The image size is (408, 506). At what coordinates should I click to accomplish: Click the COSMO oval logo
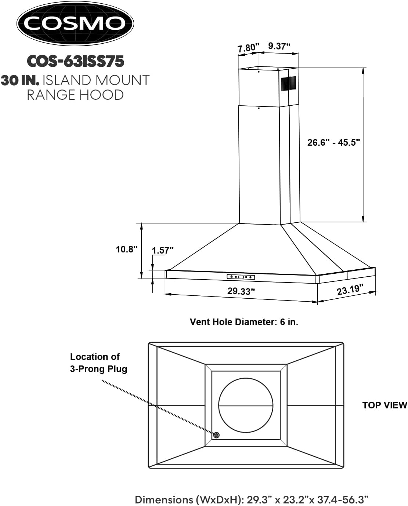click(75, 23)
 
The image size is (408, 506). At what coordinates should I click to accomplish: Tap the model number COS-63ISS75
click(76, 61)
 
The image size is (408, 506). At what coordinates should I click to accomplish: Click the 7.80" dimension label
click(248, 48)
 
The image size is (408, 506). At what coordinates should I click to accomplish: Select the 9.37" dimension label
click(279, 46)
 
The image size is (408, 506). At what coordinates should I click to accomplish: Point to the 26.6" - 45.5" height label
click(334, 142)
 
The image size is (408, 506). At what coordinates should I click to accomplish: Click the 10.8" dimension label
click(127, 249)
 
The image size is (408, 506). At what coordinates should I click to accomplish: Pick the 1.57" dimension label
click(163, 250)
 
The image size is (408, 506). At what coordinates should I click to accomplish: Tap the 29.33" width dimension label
click(241, 291)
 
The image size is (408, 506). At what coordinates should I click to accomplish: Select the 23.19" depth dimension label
click(350, 290)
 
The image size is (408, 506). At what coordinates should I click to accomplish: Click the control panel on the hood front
click(241, 277)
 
